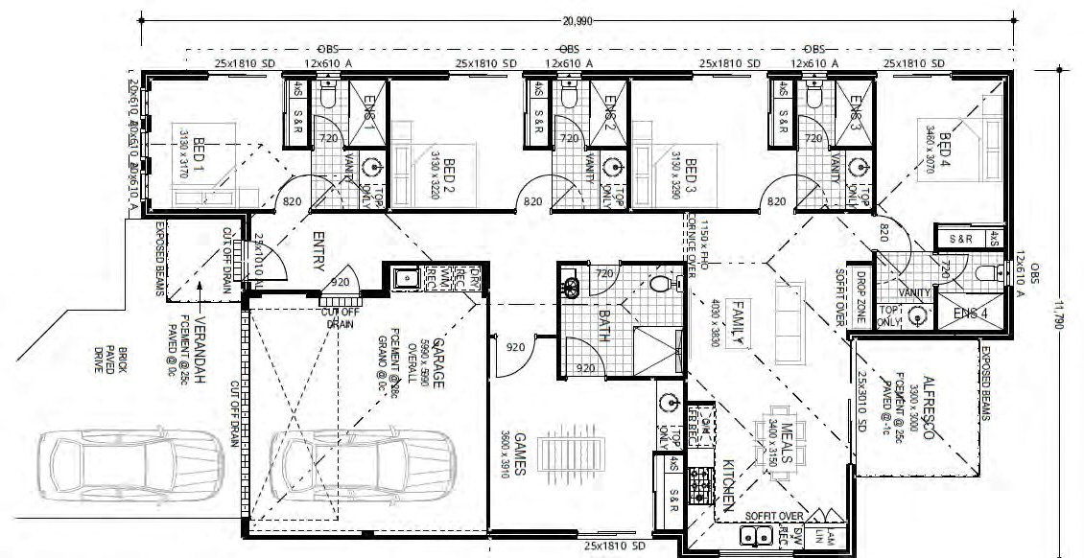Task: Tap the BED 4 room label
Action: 944,151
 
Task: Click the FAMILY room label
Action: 738,322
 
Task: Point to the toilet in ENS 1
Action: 327,97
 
